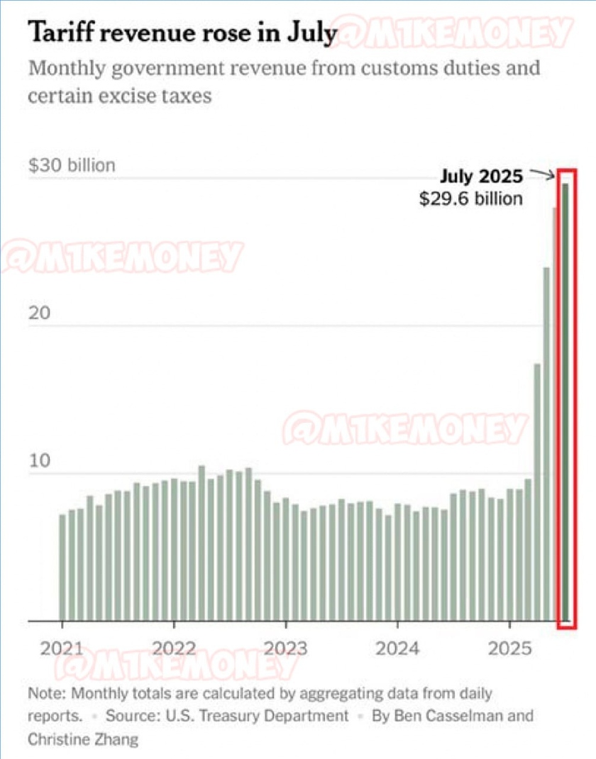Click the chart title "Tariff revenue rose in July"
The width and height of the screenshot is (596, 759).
click(181, 34)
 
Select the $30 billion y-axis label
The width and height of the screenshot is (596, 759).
click(71, 165)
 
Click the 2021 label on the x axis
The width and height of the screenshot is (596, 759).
click(61, 648)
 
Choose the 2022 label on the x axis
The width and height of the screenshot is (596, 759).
click(173, 648)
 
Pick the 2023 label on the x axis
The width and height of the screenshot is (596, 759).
click(285, 648)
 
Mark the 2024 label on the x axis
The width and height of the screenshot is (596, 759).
click(397, 648)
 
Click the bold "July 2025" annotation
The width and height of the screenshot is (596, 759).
click(481, 176)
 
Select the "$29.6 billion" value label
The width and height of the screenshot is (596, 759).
click(470, 198)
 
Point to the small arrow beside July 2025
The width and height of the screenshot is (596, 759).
click(543, 174)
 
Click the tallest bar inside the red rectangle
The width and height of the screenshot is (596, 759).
click(566, 397)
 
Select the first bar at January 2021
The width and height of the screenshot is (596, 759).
click(62, 567)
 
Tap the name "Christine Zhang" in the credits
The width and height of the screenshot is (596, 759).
click(83, 739)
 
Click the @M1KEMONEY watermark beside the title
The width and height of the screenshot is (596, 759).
click(454, 33)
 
